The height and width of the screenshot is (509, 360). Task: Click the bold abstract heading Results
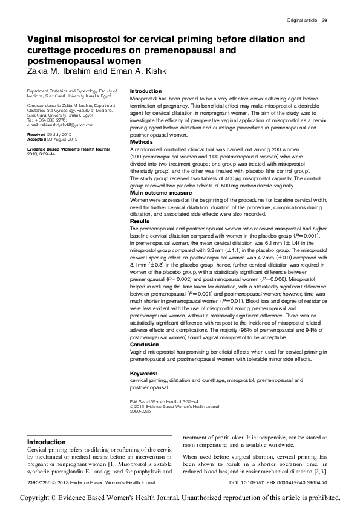click(x=140, y=222)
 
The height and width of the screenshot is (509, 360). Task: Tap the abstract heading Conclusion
click(x=145, y=345)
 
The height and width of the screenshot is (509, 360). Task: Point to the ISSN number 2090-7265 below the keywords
click(x=140, y=411)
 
